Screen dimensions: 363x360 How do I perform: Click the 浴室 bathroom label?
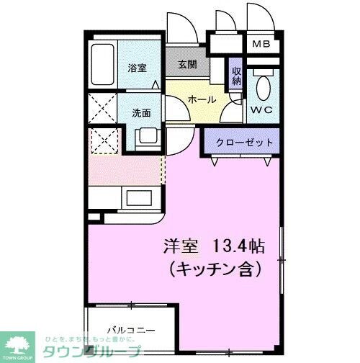[137, 68]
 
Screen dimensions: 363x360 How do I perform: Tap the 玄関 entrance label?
[186, 64]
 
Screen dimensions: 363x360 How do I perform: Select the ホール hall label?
[202, 99]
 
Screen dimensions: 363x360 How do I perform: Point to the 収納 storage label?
[236, 76]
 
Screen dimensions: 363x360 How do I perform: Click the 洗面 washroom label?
[142, 112]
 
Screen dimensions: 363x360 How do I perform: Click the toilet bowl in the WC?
[264, 88]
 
